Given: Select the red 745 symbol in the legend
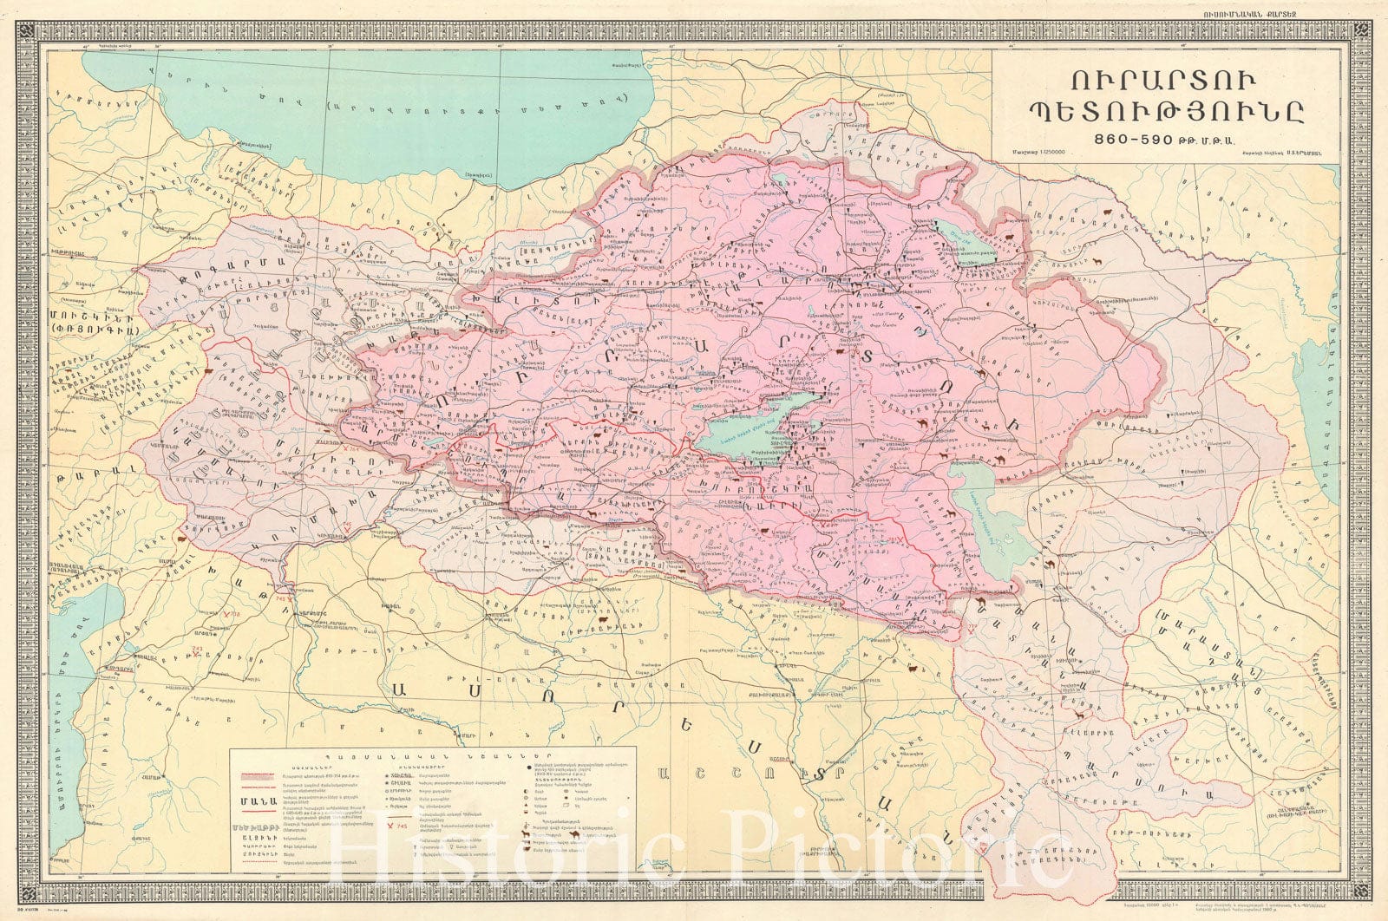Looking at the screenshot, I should pyautogui.click(x=396, y=826).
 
